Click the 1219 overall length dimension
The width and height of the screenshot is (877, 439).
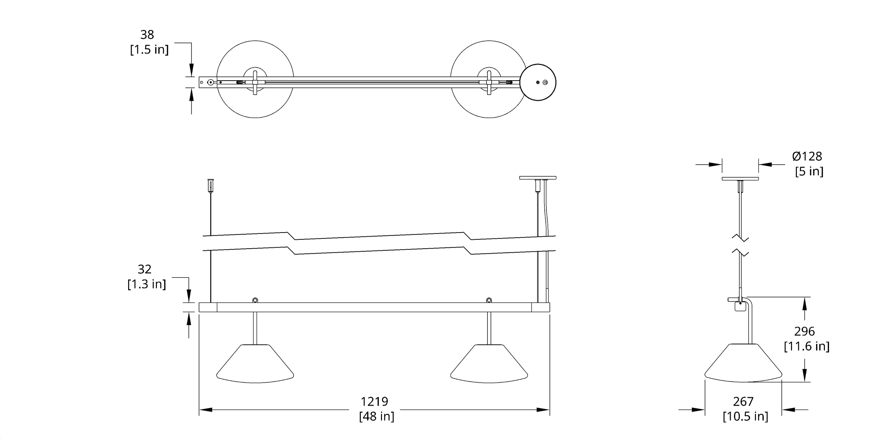click(x=374, y=401)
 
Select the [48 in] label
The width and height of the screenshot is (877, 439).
click(x=376, y=416)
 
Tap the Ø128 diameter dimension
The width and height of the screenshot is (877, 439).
click(x=807, y=156)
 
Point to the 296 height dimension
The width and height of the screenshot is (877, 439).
click(x=804, y=331)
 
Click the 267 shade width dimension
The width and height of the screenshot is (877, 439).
click(x=743, y=401)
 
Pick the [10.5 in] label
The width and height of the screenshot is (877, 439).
click(x=745, y=416)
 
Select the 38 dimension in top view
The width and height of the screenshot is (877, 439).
click(x=147, y=35)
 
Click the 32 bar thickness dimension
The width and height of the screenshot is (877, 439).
click(x=144, y=270)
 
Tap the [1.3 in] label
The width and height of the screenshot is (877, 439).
click(x=147, y=284)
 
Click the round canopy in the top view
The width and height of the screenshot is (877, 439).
click(x=538, y=82)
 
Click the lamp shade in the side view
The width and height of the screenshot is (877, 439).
click(x=743, y=364)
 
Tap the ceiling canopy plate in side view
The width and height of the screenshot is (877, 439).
click(x=740, y=179)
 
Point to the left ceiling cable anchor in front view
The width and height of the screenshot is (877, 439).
click(x=210, y=185)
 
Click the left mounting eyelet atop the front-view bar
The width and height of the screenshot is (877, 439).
click(x=255, y=300)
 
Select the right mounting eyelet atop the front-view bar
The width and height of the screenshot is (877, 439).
click(x=489, y=300)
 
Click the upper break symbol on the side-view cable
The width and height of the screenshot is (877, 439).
click(x=740, y=239)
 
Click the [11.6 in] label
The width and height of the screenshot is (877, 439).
click(x=807, y=346)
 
